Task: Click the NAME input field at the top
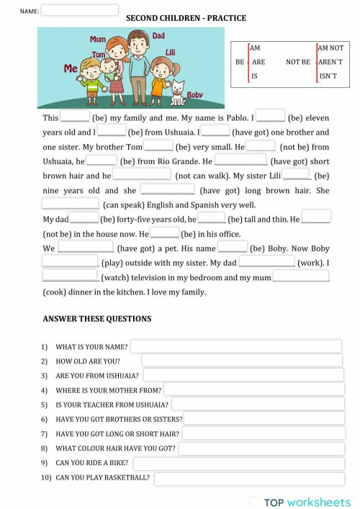point(80,11)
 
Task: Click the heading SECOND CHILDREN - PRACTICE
point(186,18)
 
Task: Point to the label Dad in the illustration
point(159,35)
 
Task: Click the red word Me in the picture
point(71,68)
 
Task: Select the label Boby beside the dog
point(194,95)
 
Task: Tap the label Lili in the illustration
point(171,53)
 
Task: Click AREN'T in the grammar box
point(331,62)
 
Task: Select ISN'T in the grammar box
point(328,76)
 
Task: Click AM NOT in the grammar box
point(331,48)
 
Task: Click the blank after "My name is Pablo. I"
point(271,116)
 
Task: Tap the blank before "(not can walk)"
point(142,174)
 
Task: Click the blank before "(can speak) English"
point(71,204)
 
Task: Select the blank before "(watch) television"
point(70,276)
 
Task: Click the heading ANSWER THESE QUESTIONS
point(97,319)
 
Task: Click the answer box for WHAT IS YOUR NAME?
point(235,346)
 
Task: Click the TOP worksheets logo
point(307,501)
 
